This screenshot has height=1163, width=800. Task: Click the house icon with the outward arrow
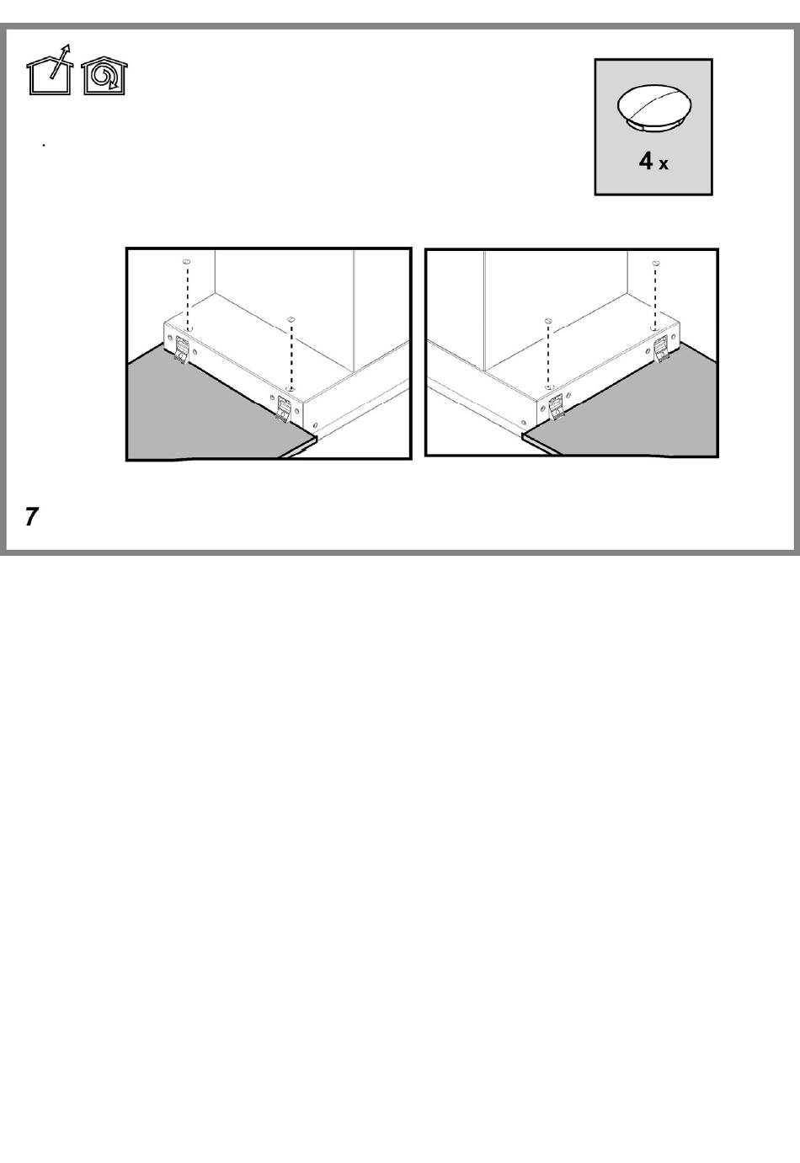click(x=50, y=72)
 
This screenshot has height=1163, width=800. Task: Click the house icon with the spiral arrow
click(x=104, y=76)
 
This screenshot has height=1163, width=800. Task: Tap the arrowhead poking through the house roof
click(x=66, y=49)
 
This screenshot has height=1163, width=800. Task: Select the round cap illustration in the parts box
click(x=654, y=108)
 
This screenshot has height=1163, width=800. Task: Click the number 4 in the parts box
click(x=646, y=161)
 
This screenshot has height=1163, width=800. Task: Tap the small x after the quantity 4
click(x=664, y=164)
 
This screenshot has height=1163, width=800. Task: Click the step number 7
click(x=32, y=516)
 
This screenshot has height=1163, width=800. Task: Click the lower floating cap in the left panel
click(x=291, y=319)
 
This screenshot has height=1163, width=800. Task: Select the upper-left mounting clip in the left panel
click(x=181, y=349)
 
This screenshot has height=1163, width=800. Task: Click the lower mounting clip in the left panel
click(x=284, y=409)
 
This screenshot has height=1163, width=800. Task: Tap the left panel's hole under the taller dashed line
click(x=189, y=329)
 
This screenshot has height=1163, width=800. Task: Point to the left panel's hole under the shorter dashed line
click(x=291, y=388)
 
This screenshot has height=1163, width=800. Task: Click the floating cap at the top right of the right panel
click(x=656, y=264)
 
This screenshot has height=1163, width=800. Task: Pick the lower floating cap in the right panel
click(x=548, y=321)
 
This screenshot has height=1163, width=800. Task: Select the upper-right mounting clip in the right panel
click(x=661, y=349)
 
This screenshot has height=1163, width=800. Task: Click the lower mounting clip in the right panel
click(x=556, y=406)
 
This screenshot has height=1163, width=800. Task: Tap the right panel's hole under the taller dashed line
click(x=655, y=329)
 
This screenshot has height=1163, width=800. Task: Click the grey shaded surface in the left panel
click(x=208, y=410)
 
